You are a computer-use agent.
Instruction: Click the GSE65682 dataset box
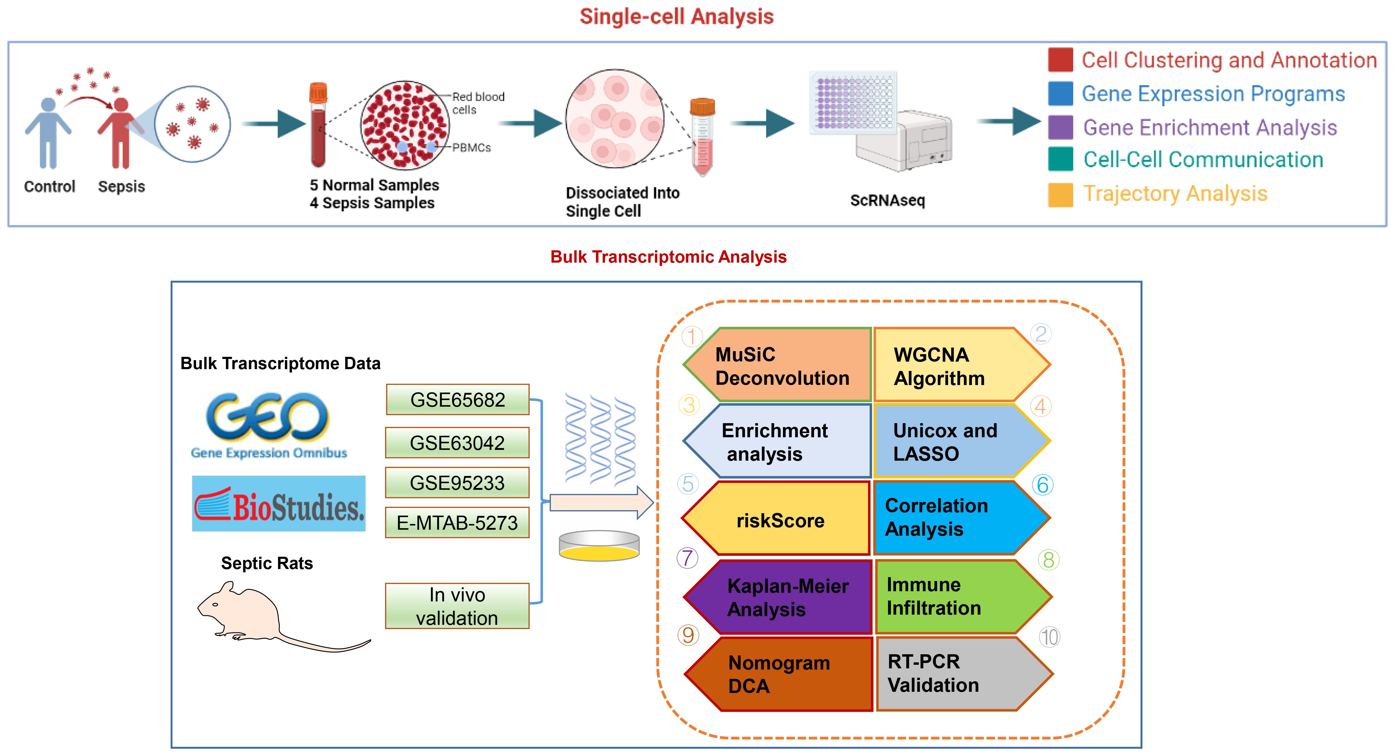pos(458,399)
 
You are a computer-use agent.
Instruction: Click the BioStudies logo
pos(279,504)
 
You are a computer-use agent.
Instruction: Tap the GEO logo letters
pos(267,417)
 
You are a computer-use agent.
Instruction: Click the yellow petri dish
pos(599,546)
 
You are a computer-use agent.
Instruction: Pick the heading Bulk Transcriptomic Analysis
pos(668,257)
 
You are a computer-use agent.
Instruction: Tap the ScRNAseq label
pos(888,200)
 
